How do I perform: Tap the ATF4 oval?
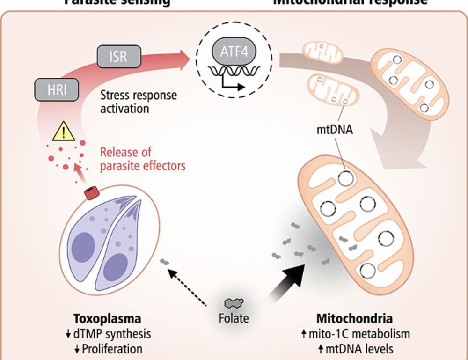[x=234, y=51]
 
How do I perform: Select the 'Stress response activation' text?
[x=139, y=102]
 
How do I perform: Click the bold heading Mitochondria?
[x=354, y=319]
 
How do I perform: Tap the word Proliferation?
[x=112, y=349]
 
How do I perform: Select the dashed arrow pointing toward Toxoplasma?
[x=187, y=286]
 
